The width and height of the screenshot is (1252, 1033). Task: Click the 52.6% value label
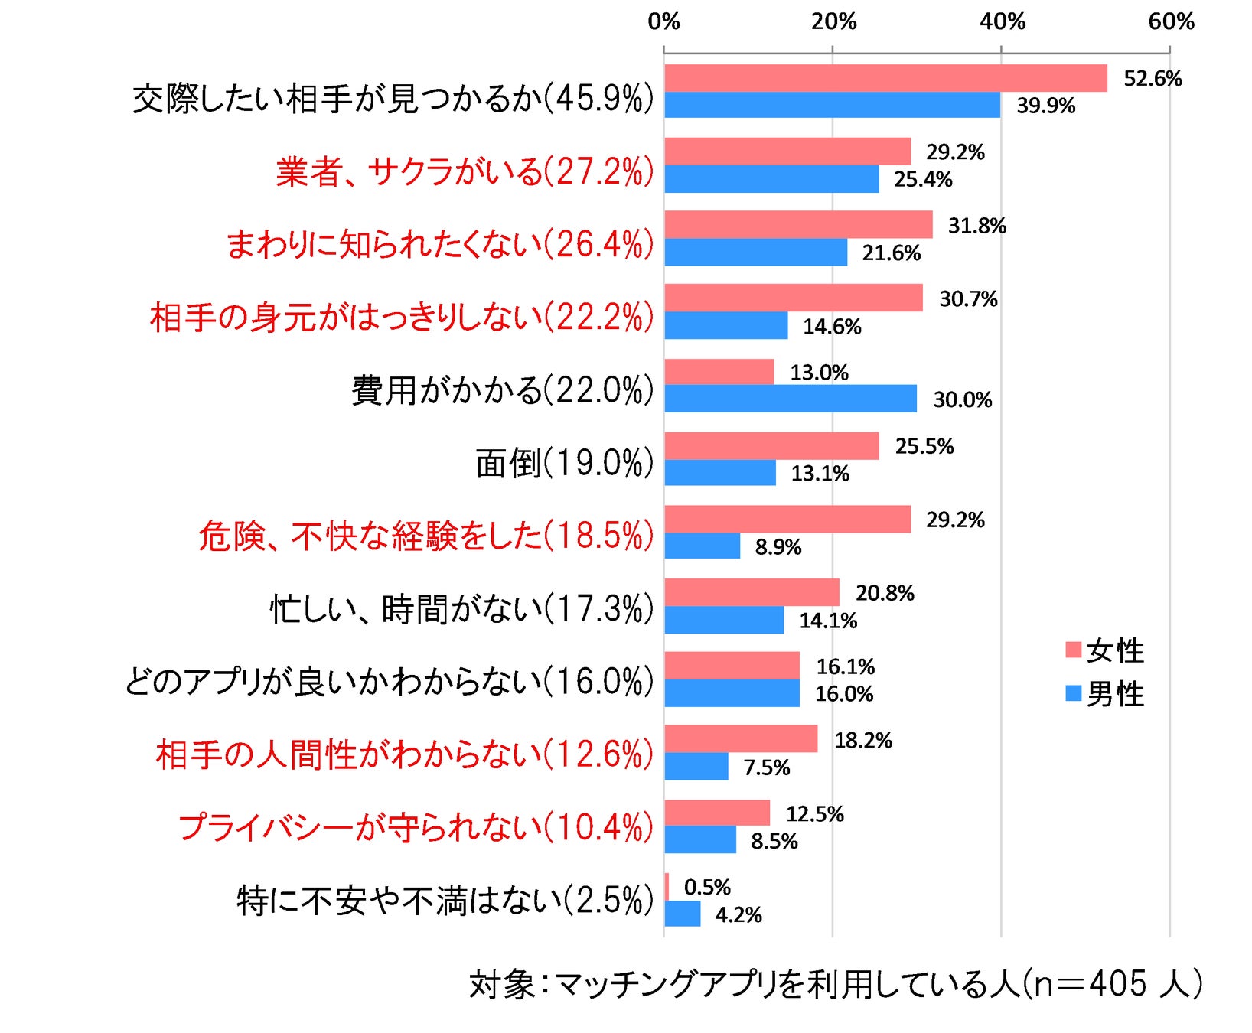tap(1153, 78)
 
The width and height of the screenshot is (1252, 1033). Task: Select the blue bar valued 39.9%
tap(832, 105)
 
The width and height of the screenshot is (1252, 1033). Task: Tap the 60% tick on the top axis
tap(1171, 21)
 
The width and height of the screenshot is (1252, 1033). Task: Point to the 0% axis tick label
tap(663, 21)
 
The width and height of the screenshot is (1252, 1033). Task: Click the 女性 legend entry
tap(1105, 650)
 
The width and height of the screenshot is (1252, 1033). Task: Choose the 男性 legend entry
tap(1105, 694)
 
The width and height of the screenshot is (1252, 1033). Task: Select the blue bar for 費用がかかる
tap(790, 399)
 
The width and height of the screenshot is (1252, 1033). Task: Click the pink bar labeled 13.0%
tap(719, 372)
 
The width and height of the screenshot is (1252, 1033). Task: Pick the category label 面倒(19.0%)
tap(565, 463)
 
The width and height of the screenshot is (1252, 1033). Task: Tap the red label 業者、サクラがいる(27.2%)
tap(465, 171)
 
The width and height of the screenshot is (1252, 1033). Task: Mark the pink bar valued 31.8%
tap(798, 225)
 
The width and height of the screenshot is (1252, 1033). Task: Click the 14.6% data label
tap(832, 327)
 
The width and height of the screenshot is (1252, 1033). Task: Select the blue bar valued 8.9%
tap(702, 546)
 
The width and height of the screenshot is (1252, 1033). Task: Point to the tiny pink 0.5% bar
tap(667, 887)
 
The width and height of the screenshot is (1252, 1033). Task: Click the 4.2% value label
tap(738, 915)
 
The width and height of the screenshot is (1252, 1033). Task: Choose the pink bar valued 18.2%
tap(740, 739)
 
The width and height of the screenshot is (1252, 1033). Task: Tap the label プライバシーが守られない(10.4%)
tap(416, 828)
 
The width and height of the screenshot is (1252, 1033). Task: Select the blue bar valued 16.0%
tap(732, 693)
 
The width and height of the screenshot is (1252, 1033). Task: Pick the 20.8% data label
tap(885, 593)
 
